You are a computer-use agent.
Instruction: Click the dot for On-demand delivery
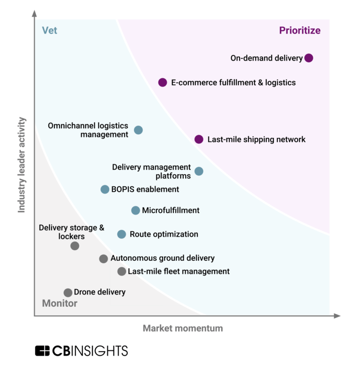pyautogui.click(x=308, y=58)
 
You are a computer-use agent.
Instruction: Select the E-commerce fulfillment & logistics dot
pyautogui.click(x=163, y=82)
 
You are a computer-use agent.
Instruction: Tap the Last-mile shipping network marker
pyautogui.click(x=199, y=139)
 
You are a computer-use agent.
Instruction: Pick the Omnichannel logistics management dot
pyautogui.click(x=138, y=130)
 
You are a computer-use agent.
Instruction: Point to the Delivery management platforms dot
pyautogui.click(x=199, y=171)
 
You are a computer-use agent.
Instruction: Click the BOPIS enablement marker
pyautogui.click(x=105, y=189)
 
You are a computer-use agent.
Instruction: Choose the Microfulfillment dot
pyautogui.click(x=135, y=210)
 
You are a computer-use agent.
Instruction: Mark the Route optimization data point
pyautogui.click(x=121, y=234)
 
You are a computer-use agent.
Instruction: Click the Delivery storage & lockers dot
pyautogui.click(x=75, y=246)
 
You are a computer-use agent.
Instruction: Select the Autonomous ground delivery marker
pyautogui.click(x=104, y=259)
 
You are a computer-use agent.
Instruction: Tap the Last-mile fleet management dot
pyautogui.click(x=121, y=271)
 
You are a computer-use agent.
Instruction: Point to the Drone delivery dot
pyautogui.click(x=68, y=293)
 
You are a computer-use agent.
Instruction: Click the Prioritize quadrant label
pyautogui.click(x=300, y=31)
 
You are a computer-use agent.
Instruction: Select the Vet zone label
pyautogui.click(x=50, y=31)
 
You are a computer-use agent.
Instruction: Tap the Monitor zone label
pyautogui.click(x=60, y=303)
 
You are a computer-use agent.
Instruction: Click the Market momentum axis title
pyautogui.click(x=183, y=328)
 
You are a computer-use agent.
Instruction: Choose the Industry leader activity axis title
pyautogui.click(x=22, y=165)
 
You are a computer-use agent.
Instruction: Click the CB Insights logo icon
pyautogui.click(x=42, y=351)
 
